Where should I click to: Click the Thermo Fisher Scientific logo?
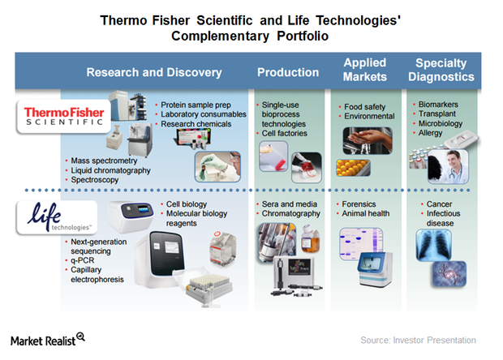coord(64,117)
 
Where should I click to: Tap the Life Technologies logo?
coord(57,217)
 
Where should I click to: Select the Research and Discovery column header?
coord(154,72)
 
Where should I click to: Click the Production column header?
coord(288,72)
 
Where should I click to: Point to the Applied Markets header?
coord(365,70)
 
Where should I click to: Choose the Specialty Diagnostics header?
coord(441,70)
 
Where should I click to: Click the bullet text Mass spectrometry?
coord(104,161)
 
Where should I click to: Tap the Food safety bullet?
coord(365,107)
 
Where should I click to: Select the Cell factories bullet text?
coord(285,133)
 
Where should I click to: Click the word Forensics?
coord(359,204)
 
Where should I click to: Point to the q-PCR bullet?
coord(83,260)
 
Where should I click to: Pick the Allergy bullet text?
coord(430,133)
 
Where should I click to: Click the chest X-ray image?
coord(433,245)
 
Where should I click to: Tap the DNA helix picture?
coord(449,274)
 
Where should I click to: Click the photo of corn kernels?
coord(353,168)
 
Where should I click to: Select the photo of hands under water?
coord(368,140)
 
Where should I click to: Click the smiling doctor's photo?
coord(448,167)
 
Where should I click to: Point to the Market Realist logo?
coord(48,340)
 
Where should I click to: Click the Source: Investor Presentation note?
coord(418,340)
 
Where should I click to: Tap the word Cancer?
coord(439,204)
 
